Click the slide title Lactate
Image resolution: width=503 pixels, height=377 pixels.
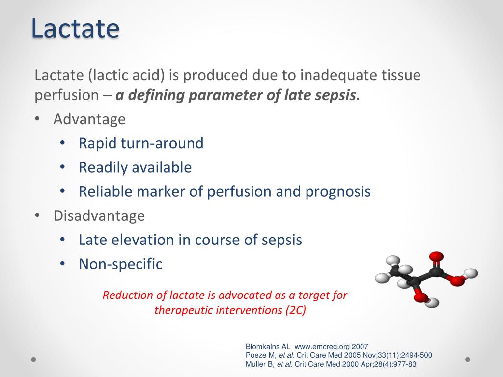click(75, 28)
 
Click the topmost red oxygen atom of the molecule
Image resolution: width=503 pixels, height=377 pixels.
click(436, 256)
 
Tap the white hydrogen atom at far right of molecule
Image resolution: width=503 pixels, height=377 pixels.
click(472, 273)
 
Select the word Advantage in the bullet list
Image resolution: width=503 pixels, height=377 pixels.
click(89, 119)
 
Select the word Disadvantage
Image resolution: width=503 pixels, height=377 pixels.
click(99, 215)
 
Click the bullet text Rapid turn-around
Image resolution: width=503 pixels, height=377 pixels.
click(141, 143)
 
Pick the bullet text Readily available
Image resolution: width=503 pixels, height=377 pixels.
click(135, 167)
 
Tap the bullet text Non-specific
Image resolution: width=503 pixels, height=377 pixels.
click(120, 264)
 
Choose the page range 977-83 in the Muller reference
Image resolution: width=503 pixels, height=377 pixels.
click(404, 364)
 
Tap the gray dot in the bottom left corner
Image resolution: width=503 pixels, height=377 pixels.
click(34, 359)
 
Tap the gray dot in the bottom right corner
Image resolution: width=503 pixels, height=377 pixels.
click(468, 359)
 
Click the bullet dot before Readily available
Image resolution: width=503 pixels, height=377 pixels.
click(62, 167)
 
